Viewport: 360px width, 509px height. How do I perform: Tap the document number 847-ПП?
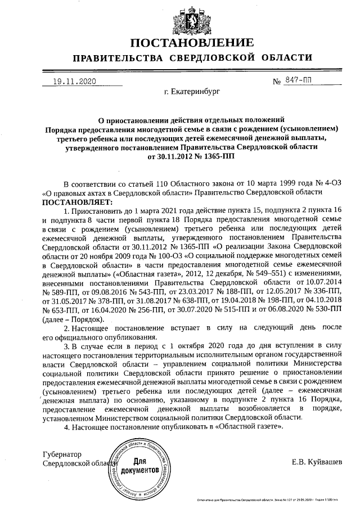tap(301, 81)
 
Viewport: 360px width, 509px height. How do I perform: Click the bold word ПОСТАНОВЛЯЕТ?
tap(69, 201)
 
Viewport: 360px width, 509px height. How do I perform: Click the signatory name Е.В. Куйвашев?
tap(316, 462)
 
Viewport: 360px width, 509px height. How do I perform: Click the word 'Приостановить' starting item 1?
tap(97, 210)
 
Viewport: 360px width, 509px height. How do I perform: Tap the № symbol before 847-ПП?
tap(277, 82)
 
